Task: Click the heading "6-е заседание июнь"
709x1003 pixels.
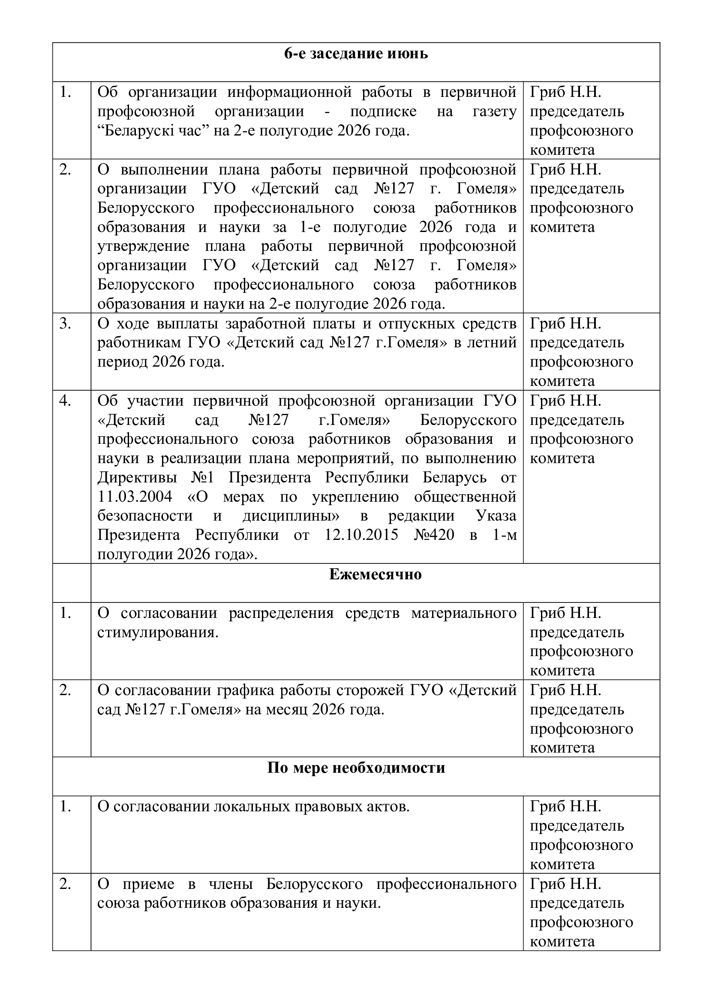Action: pos(356,54)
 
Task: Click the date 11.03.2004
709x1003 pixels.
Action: pos(135,497)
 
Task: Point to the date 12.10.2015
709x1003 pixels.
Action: pos(361,535)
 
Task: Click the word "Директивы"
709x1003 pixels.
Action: pos(137,477)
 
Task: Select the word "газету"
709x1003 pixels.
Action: pos(494,111)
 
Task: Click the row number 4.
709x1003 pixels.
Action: pos(65,401)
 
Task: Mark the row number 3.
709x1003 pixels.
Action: pos(65,324)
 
